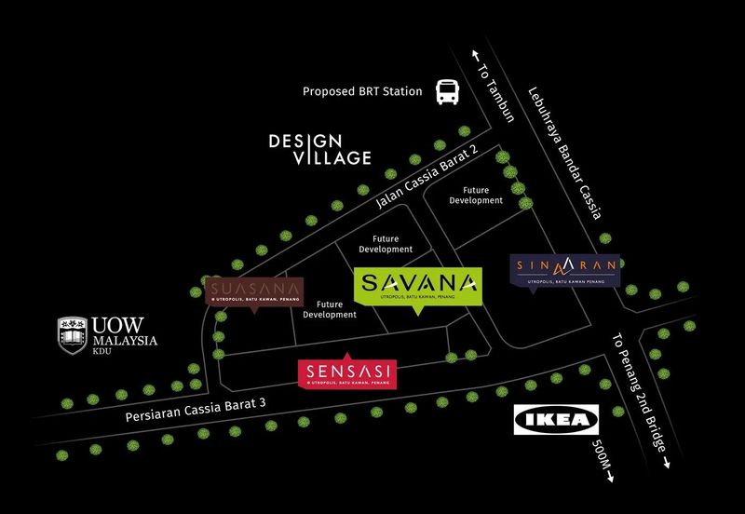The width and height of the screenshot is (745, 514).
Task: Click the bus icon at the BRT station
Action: (448, 91)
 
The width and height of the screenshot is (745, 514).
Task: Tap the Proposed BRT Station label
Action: (363, 92)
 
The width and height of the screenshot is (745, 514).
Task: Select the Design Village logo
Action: (319, 150)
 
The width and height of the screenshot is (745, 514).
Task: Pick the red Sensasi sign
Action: (346, 373)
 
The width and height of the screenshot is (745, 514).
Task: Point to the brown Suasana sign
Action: (254, 291)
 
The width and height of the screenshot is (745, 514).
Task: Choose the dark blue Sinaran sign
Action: (566, 270)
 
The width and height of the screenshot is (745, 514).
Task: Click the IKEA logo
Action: (557, 421)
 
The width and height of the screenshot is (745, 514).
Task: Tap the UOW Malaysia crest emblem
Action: (73, 332)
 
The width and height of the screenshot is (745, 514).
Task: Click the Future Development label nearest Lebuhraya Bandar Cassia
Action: (476, 195)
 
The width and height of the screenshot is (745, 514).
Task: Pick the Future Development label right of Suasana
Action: (330, 309)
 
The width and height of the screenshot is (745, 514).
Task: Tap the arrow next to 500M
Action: (611, 478)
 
